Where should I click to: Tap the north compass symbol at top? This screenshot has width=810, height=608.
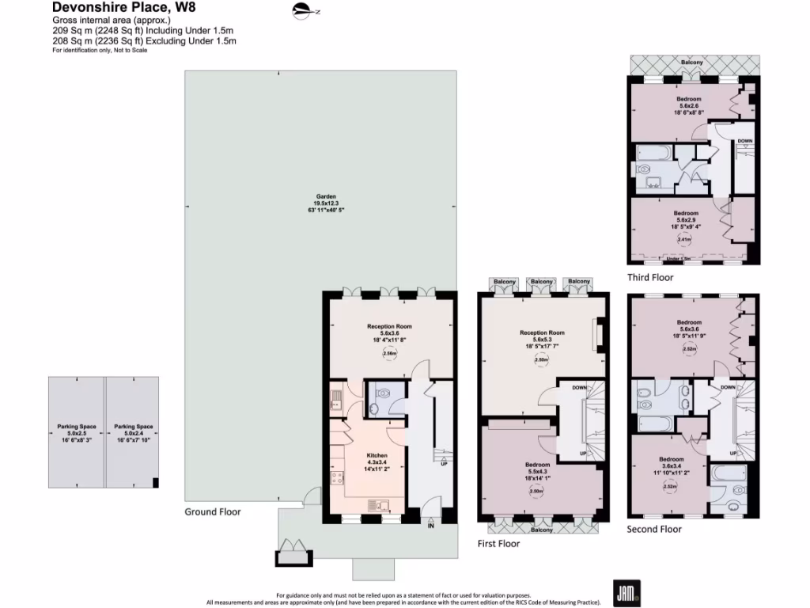(x=305, y=11)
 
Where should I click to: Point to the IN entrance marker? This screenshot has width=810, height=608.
(x=431, y=526)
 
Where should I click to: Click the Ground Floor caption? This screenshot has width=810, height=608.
(x=213, y=511)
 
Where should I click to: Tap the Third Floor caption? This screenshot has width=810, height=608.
(x=650, y=277)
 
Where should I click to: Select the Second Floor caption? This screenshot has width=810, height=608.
(x=653, y=529)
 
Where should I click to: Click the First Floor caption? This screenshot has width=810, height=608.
(x=498, y=544)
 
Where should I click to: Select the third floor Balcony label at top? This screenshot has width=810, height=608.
(x=694, y=62)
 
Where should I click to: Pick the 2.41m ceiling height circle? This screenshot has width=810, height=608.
(x=684, y=239)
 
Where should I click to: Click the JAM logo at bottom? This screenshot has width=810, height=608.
(x=626, y=591)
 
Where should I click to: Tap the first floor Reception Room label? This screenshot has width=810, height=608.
(x=542, y=333)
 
